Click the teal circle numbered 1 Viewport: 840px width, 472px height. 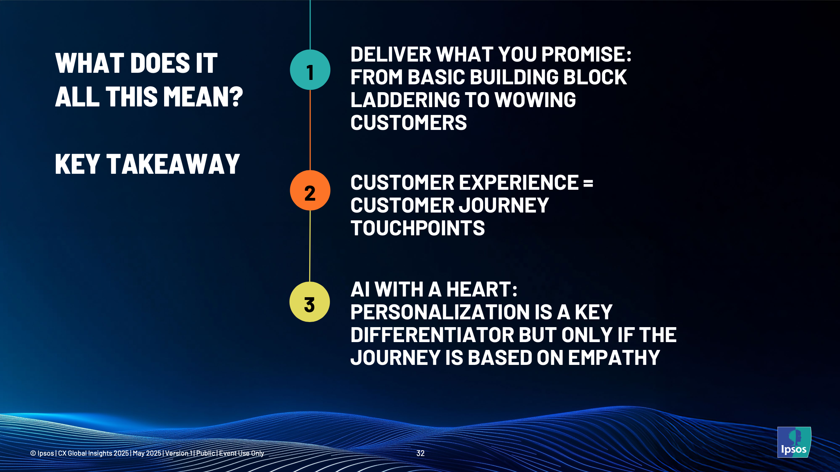click(x=310, y=70)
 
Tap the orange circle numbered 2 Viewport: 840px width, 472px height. click(x=310, y=190)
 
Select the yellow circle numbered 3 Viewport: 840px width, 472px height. click(x=310, y=302)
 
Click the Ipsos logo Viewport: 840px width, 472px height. click(x=794, y=442)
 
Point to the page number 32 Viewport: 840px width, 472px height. click(x=421, y=453)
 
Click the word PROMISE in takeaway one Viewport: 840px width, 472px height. click(x=586, y=54)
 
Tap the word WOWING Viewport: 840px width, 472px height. click(x=535, y=100)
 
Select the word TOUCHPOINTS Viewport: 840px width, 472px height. click(x=418, y=228)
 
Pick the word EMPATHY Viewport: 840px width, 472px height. click(x=614, y=358)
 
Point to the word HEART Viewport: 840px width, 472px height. click(x=482, y=289)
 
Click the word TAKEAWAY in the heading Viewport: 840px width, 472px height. click(x=173, y=164)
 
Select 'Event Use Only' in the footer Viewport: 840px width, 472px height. click(x=242, y=453)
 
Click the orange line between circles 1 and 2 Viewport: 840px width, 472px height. click(x=310, y=130)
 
